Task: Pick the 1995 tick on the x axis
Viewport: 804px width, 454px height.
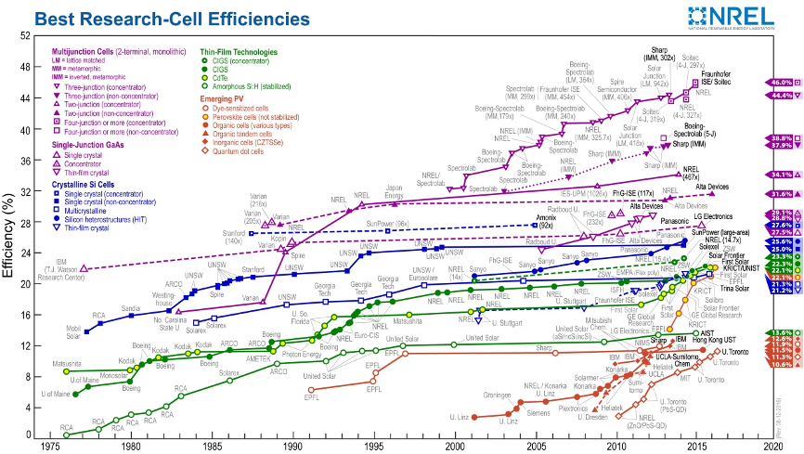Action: tap(374, 446)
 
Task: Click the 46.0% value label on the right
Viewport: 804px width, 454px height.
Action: tap(781, 83)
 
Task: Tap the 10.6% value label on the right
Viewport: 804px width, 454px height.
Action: tap(781, 365)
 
